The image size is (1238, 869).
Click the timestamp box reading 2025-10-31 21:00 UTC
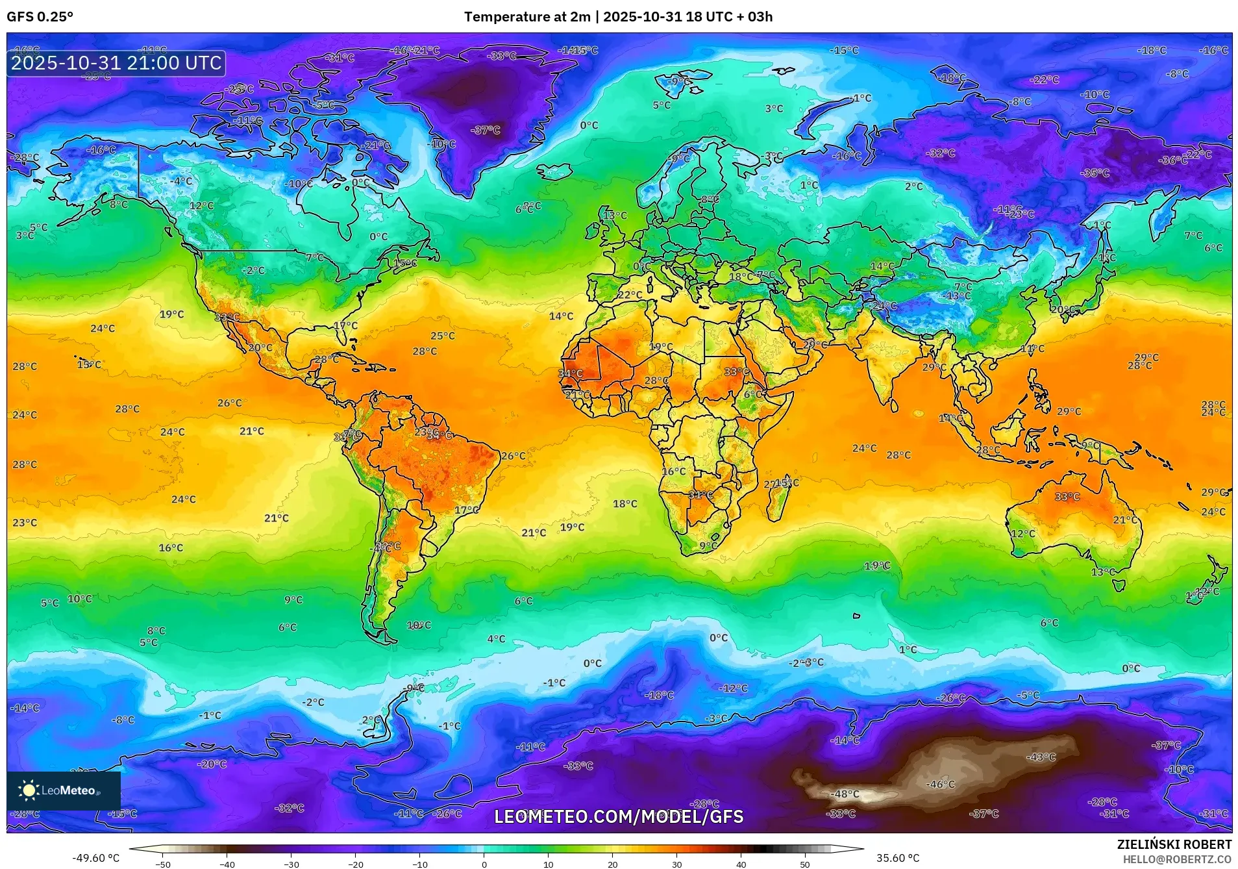(116, 63)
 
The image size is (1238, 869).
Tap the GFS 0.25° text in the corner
(40, 17)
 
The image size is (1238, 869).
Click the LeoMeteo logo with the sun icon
(63, 790)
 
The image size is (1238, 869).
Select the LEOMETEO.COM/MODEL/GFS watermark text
(619, 816)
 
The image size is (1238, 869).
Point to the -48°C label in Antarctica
(846, 794)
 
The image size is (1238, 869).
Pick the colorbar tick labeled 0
(484, 864)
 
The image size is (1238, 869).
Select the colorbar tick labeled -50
(163, 864)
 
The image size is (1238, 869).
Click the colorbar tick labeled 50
(804, 864)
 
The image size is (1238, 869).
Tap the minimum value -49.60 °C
(95, 858)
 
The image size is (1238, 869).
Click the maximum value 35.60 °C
(897, 858)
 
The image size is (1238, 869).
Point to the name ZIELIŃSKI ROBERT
(1174, 844)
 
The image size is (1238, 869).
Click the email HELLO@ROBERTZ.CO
(1177, 859)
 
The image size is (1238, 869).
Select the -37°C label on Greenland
(486, 130)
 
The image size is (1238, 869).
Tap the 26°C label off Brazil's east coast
(513, 456)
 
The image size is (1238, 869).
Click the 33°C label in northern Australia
(1067, 496)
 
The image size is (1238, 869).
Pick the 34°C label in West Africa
(570, 373)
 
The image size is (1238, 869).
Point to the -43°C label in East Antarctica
(1041, 757)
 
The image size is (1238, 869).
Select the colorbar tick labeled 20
(612, 864)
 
